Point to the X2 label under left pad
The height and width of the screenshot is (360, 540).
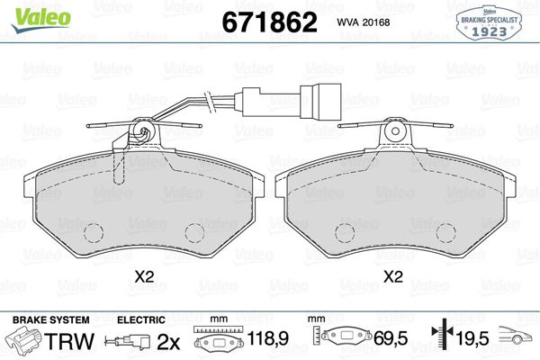pos(144,278)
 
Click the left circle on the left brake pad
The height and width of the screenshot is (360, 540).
pos(94,232)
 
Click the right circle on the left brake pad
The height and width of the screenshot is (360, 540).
pos(194,233)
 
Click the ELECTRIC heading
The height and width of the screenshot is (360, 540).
pos(141,319)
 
